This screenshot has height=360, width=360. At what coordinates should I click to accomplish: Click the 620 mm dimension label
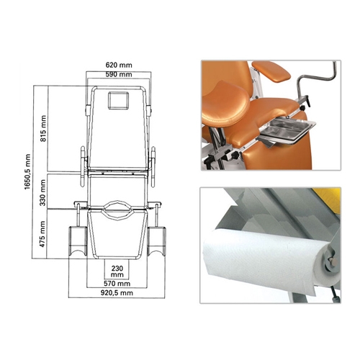click(x=119, y=65)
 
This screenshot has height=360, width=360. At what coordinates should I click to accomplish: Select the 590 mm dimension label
click(x=119, y=74)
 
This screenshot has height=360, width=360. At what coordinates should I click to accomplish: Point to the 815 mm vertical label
click(x=43, y=128)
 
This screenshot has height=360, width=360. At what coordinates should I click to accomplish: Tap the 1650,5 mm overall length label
click(x=27, y=172)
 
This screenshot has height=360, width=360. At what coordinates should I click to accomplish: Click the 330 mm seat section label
click(x=42, y=192)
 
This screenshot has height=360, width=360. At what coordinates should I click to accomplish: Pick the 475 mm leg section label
click(x=42, y=234)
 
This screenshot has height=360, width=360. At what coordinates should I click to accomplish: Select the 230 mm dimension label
click(x=117, y=271)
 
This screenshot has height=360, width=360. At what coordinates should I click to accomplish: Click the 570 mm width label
click(x=117, y=284)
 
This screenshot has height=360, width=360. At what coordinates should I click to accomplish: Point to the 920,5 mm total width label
click(x=117, y=293)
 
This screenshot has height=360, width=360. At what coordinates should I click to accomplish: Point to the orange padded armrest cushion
click(x=271, y=71)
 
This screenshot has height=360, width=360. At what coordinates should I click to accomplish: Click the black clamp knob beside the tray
click(x=307, y=102)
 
